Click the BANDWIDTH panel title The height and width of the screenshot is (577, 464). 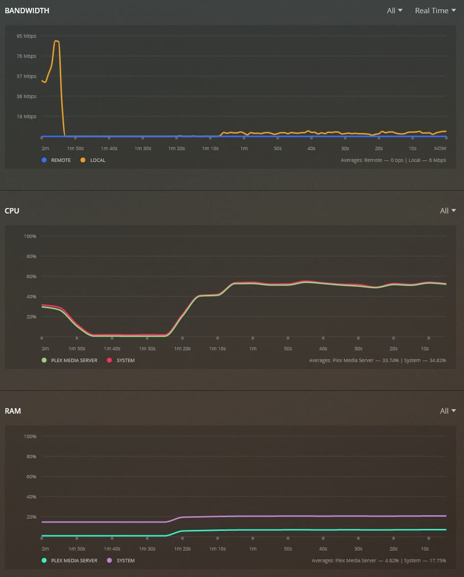point(27,10)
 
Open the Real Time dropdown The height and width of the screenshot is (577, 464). point(435,10)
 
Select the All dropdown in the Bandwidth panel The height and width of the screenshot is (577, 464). point(394,10)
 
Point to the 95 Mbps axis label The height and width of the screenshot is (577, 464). point(26,36)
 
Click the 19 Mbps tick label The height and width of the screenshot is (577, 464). point(26,116)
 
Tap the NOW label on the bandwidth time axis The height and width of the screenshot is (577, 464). point(440,148)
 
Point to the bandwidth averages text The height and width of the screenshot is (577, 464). point(393,160)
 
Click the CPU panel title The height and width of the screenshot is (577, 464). point(12,210)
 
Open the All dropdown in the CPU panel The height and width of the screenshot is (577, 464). point(448,210)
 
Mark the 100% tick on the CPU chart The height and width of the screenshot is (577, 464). point(30,236)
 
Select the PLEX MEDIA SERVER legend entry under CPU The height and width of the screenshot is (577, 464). point(70,360)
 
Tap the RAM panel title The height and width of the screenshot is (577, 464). point(13,411)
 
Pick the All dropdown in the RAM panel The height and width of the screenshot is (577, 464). point(448,411)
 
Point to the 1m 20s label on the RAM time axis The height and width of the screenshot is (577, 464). point(182,549)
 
